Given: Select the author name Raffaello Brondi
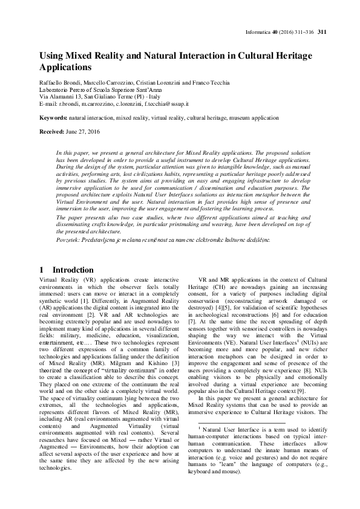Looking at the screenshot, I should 57,82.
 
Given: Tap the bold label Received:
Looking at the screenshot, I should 52,131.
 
